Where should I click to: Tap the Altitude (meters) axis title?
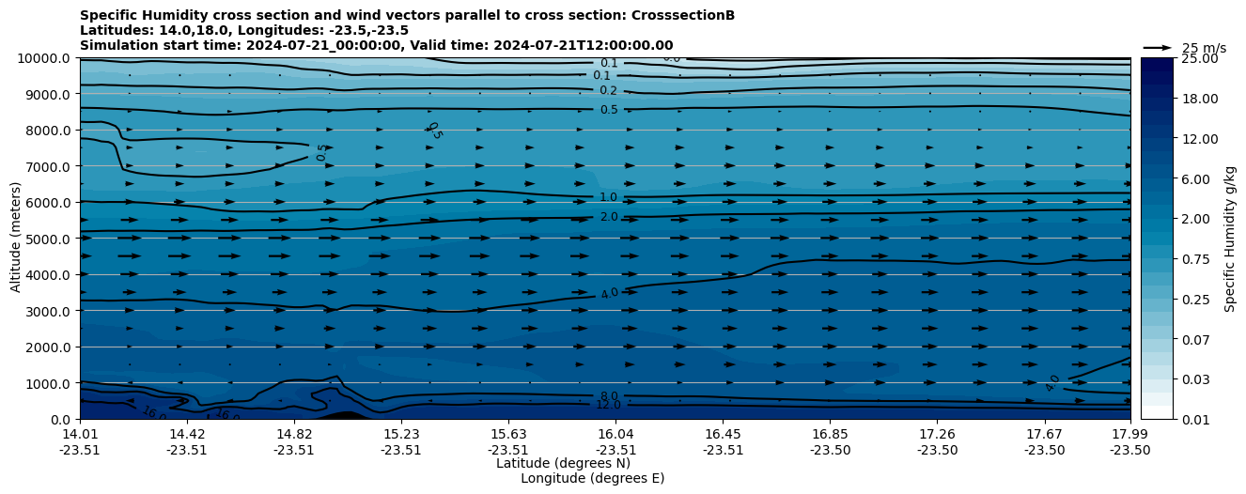[16, 239]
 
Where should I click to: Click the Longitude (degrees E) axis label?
[592, 478]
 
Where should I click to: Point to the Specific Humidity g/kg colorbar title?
[1230, 239]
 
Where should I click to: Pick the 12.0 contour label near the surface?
[609, 405]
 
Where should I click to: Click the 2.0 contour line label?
[609, 217]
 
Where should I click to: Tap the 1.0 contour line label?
[609, 197]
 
